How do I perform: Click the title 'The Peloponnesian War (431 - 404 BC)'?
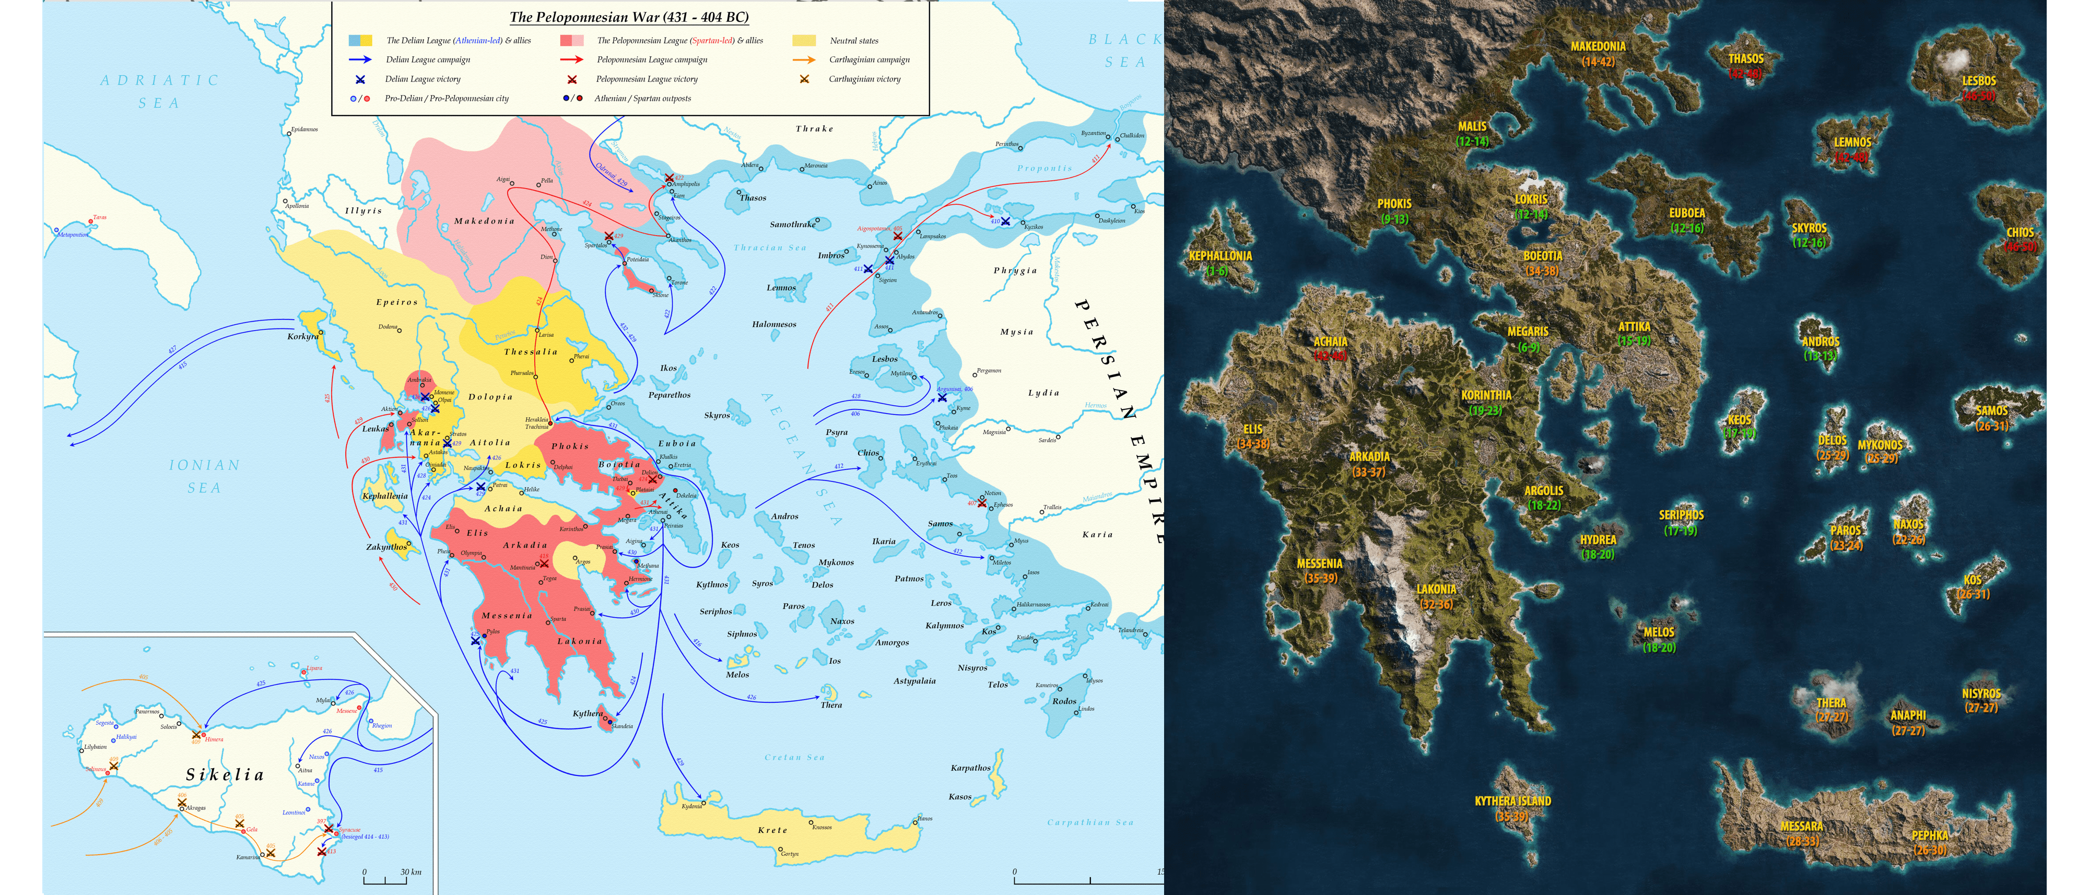pyautogui.click(x=628, y=17)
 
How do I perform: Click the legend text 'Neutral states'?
pyautogui.click(x=853, y=41)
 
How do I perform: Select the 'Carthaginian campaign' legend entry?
pyautogui.click(x=869, y=60)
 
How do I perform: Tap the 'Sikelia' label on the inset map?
pyautogui.click(x=226, y=775)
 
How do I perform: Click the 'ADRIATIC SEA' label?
pyautogui.click(x=160, y=91)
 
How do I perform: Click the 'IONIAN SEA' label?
pyautogui.click(x=204, y=476)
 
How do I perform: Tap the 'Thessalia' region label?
pyautogui.click(x=531, y=352)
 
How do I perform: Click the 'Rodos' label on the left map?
pyautogui.click(x=1064, y=701)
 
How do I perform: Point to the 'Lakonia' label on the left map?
pyautogui.click(x=579, y=641)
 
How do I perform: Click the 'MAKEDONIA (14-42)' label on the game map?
pyautogui.click(x=1598, y=53)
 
